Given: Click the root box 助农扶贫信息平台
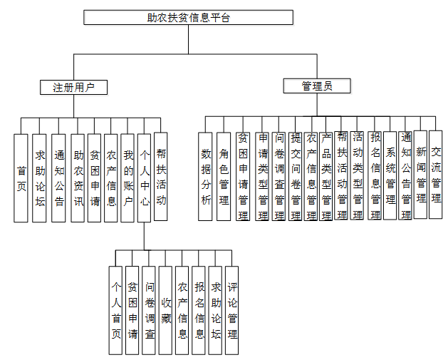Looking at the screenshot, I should click(x=188, y=17).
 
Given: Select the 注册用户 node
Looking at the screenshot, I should click(x=74, y=87).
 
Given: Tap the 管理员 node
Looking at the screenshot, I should click(x=316, y=86).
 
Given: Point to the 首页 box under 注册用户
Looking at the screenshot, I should click(x=22, y=177).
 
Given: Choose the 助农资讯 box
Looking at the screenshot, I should click(x=77, y=177).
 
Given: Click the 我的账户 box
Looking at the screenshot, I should click(x=128, y=177).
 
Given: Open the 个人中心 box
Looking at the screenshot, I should click(x=145, y=177).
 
